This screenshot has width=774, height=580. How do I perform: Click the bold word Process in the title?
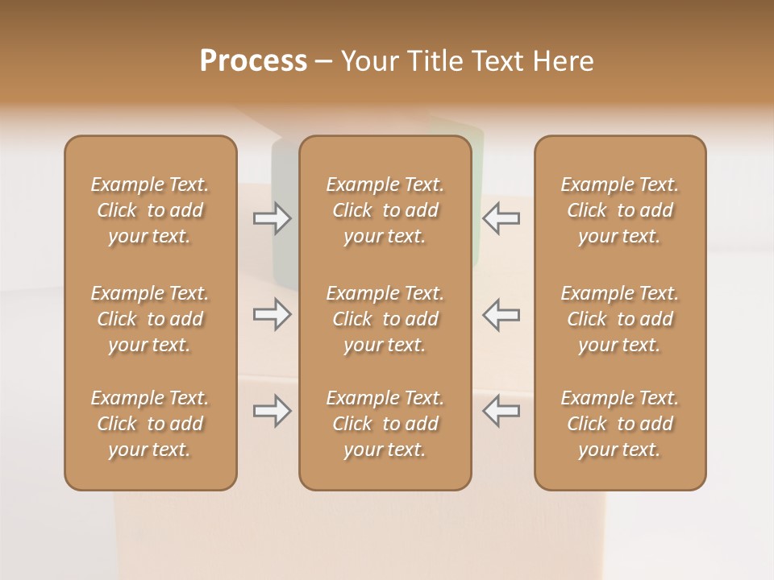tap(253, 61)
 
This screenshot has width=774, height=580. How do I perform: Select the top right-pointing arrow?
tap(273, 217)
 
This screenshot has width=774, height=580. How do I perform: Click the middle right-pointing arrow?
tap(273, 314)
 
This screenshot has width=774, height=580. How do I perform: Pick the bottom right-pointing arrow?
tap(273, 411)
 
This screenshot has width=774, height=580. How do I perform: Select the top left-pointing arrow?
tap(501, 217)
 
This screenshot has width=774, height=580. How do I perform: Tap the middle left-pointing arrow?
tap(501, 314)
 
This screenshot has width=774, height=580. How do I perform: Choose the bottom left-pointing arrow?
tap(501, 411)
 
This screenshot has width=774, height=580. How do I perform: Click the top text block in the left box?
tap(150, 210)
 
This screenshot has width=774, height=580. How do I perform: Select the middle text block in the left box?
tap(150, 319)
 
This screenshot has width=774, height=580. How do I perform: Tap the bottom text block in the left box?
tap(150, 424)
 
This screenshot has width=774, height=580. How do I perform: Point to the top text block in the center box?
tap(385, 210)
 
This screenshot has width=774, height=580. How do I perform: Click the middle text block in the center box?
tap(385, 319)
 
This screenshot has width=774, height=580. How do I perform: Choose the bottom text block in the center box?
tap(385, 424)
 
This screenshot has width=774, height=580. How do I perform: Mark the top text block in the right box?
tap(620, 210)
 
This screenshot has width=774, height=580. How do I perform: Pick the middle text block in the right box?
tap(620, 319)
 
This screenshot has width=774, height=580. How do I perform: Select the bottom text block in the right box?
tap(620, 424)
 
